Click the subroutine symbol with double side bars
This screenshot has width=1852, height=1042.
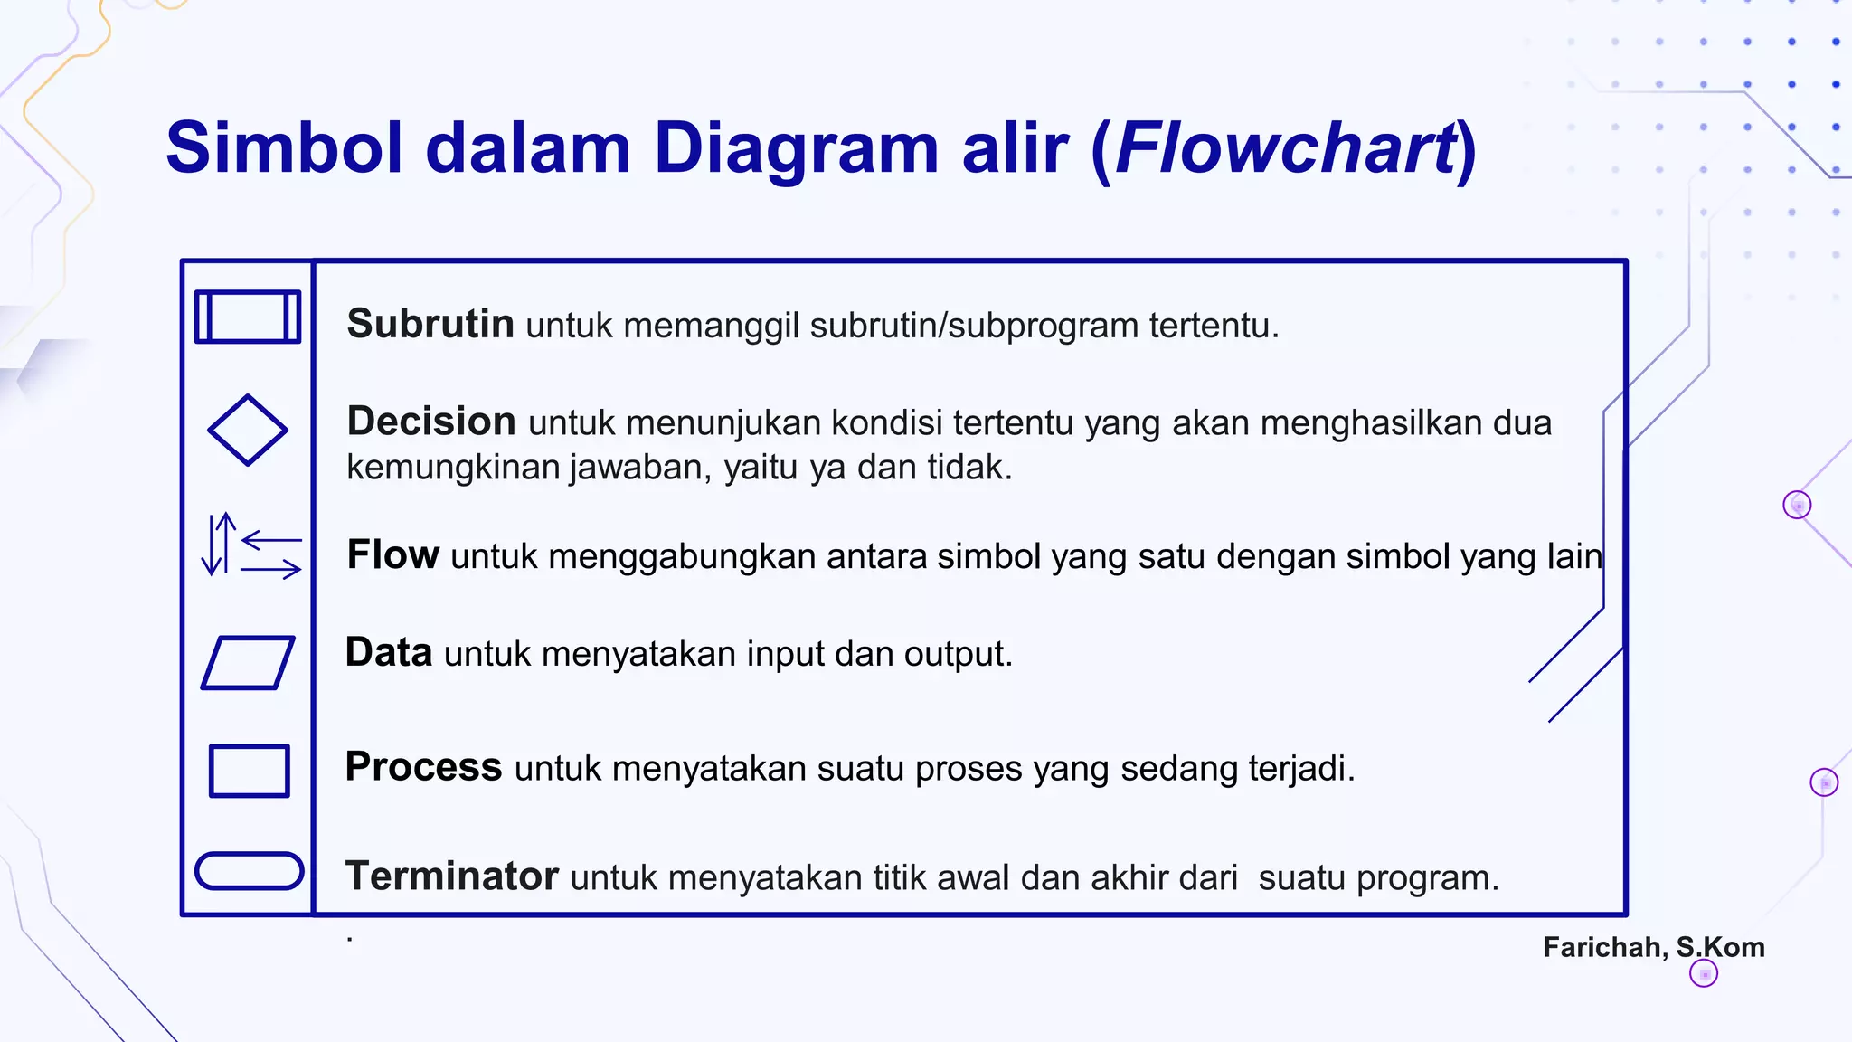tap(247, 317)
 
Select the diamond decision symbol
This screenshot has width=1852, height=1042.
tap(247, 431)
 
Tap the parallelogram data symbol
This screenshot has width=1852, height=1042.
tap(247, 663)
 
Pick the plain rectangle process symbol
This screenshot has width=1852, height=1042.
tap(249, 771)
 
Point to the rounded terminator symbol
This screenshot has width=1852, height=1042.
tap(249, 871)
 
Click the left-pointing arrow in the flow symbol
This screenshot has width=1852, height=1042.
tap(271, 540)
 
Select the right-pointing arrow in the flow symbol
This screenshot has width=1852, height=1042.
tap(271, 569)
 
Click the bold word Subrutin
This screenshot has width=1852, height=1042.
tap(430, 324)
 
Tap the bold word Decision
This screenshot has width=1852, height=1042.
tap(431, 422)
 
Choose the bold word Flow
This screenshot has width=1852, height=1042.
tap(393, 554)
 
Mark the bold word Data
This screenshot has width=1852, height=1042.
tap(389, 652)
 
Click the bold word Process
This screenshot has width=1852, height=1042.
tap(423, 767)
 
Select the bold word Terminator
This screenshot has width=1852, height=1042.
tap(452, 876)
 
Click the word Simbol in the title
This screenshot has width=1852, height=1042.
tap(284, 148)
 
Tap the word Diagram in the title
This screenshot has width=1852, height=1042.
tap(796, 148)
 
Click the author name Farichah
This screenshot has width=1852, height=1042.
tap(1604, 947)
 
